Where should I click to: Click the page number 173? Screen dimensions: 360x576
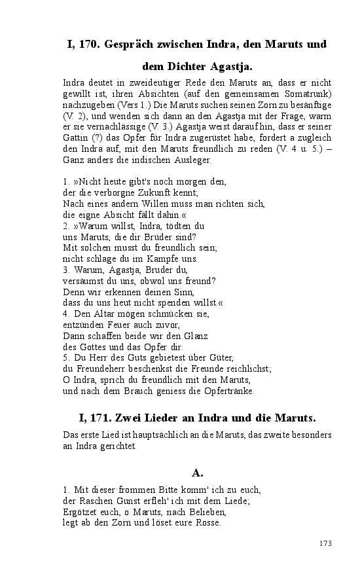point(325,543)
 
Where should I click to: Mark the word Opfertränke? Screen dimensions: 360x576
point(230,391)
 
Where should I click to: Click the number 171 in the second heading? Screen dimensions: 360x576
point(100,417)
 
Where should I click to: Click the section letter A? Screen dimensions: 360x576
point(197,472)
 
